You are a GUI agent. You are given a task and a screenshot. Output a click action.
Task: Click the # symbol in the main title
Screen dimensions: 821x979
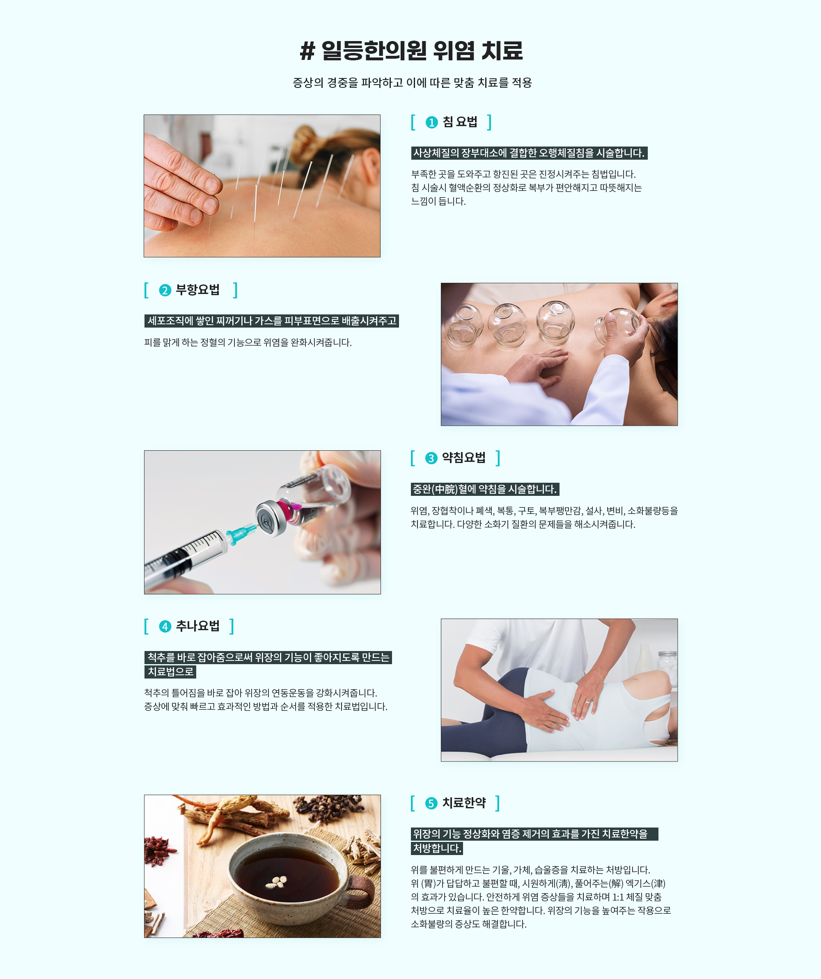(x=307, y=51)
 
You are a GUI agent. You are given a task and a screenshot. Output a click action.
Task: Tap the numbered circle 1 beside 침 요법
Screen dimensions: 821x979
(x=432, y=122)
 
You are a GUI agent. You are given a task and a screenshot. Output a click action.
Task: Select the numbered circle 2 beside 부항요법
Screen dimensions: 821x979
(x=165, y=291)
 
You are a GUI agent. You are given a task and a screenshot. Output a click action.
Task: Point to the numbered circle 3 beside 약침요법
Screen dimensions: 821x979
(x=431, y=458)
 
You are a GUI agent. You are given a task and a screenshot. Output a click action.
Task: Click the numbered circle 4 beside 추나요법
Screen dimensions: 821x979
(x=165, y=626)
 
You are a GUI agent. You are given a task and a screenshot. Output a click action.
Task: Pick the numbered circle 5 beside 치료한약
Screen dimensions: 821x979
(x=431, y=803)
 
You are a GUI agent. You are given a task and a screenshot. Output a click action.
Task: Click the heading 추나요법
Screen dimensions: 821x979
(x=198, y=626)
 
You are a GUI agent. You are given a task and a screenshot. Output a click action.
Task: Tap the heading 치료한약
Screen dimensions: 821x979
(x=464, y=803)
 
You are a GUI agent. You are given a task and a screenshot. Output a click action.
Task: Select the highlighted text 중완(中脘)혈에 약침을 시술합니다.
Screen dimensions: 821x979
(x=485, y=489)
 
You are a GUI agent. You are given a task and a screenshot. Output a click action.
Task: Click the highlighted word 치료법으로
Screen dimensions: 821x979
(x=170, y=672)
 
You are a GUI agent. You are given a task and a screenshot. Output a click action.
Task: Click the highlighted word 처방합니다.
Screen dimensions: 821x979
(x=437, y=848)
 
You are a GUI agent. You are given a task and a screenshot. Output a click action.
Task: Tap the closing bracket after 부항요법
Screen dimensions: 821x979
(x=236, y=290)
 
